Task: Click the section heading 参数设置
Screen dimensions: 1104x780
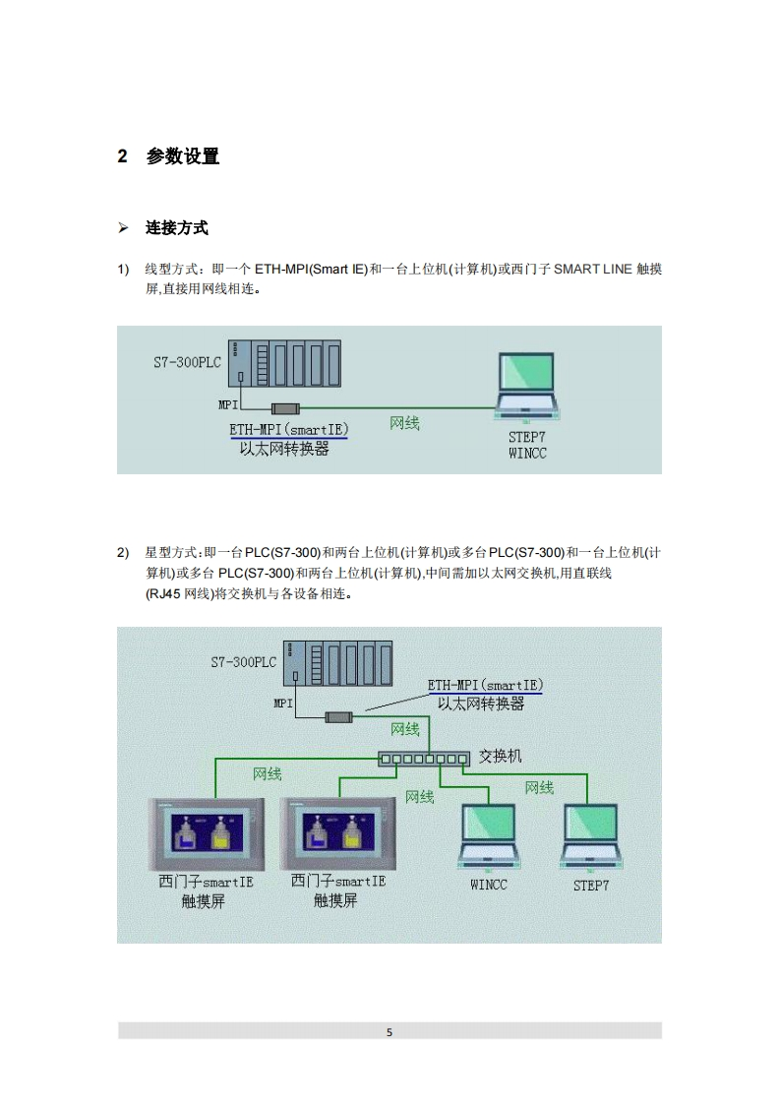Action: (x=182, y=156)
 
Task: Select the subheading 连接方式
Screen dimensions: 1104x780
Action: (x=177, y=228)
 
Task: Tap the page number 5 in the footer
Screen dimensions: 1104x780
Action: (x=390, y=1032)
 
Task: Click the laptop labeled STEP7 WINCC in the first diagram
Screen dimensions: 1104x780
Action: (x=527, y=387)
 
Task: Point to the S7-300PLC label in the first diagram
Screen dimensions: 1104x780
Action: (x=187, y=362)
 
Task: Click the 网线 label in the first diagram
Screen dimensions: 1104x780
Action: (x=404, y=423)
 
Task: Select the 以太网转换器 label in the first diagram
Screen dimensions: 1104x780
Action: (x=284, y=449)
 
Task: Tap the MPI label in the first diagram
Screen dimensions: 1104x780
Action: (x=228, y=404)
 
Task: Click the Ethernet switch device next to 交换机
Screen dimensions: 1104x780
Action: (x=424, y=759)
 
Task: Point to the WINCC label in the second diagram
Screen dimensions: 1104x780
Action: (x=489, y=885)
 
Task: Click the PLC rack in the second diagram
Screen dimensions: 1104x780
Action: (x=337, y=663)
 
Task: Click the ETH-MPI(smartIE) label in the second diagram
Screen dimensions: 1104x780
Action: (x=485, y=684)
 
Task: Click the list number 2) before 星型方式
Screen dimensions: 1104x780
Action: (x=123, y=553)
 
